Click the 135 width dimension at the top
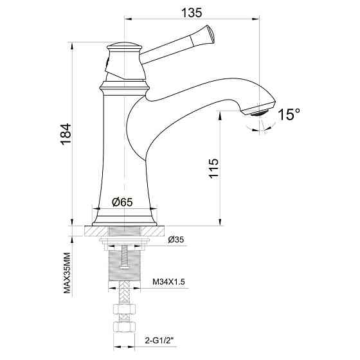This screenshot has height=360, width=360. [192, 12]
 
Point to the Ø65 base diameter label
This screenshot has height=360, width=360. [122, 202]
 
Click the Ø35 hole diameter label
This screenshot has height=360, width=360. [175, 240]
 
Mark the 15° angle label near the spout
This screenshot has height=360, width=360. [289, 114]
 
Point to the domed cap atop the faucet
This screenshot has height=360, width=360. [124, 46]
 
